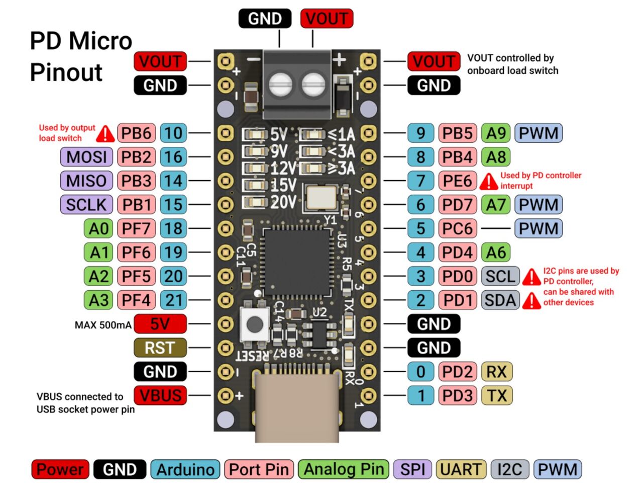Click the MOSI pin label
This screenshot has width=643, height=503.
coord(86,157)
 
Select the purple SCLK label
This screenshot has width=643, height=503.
coord(86,205)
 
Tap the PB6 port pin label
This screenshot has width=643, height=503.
coord(136,133)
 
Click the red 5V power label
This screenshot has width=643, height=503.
coord(160,324)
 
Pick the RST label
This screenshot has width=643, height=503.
coord(160,348)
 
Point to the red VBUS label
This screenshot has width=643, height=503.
coord(160,395)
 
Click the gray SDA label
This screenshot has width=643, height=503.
coord(500,300)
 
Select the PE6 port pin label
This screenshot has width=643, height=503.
coord(457,181)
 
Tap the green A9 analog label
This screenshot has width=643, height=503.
coord(496,133)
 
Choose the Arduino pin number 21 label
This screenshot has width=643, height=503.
coord(173,300)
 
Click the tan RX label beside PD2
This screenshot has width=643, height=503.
coord(496,372)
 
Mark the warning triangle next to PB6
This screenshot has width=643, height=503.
coord(105,134)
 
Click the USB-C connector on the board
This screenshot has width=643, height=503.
coord(296,407)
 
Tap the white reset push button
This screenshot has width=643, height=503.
coord(254,324)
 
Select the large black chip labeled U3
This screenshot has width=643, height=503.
coord(297,262)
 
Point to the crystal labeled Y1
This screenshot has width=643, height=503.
coord(321,197)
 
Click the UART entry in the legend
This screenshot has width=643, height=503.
coord(461,469)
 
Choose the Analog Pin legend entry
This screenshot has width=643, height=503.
coord(344,469)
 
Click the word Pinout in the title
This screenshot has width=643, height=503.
coord(66,72)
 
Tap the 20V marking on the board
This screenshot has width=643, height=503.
coord(283,202)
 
